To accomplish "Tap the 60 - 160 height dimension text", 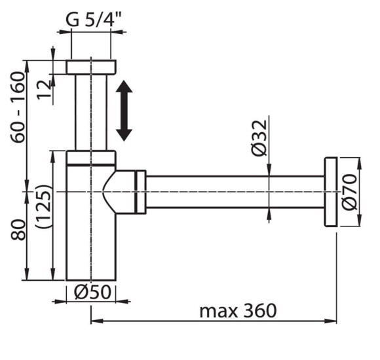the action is pos(18,107).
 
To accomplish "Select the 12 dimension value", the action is pos(44,89).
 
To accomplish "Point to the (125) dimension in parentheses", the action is pos(44,206).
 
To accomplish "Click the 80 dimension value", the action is pos(18,230).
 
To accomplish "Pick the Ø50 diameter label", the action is pos(92,292).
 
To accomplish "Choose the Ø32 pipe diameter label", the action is pos(259,138).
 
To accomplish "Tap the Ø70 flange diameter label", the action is pos(349,192).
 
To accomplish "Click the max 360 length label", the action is pos(238,311).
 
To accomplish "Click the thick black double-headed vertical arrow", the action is pos(124,111).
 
